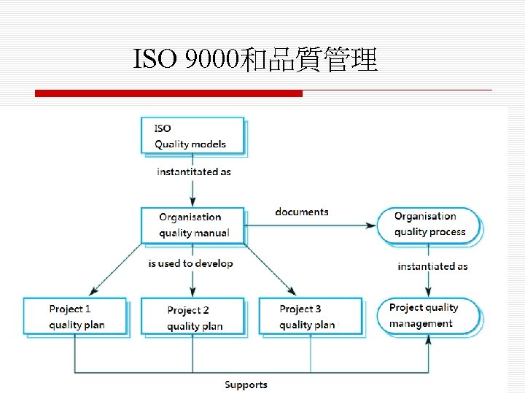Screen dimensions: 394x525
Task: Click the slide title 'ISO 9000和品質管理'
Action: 255,60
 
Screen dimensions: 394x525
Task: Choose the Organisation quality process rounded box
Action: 429,225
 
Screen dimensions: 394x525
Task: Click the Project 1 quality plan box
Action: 75,316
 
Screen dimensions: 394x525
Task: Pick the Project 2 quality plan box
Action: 192,317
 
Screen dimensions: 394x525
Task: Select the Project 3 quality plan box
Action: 310,316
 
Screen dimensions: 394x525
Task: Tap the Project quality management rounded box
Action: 429,316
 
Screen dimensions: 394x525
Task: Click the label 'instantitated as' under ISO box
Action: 193,172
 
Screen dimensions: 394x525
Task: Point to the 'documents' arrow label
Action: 302,212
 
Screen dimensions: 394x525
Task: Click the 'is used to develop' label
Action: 190,263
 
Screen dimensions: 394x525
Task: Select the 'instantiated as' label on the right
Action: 432,266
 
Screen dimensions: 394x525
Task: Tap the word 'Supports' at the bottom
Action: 246,385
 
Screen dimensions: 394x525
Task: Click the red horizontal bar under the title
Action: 168,93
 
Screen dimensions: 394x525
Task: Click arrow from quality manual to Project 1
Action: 117,269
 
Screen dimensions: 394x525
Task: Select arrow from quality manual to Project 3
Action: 268,269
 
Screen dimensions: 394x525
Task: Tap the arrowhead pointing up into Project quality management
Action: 429,340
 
